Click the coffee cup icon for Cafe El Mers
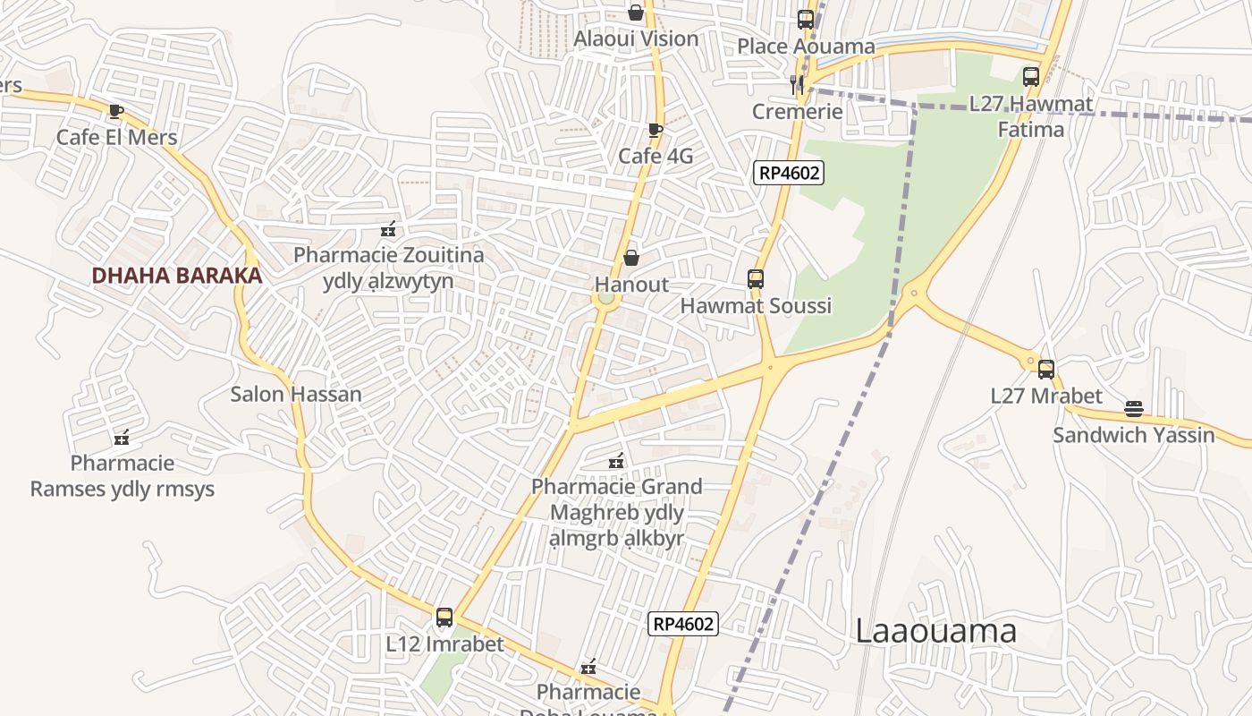pos(115,111)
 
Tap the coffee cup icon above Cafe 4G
pos(655,130)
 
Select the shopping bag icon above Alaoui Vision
pos(635,13)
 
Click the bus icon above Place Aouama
pos(805,19)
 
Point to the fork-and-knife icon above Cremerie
pos(796,85)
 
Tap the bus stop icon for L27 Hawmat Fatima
pos(1030,77)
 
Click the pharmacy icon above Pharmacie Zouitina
pos(387,229)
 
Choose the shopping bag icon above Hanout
pos(631,258)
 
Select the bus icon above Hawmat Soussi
pos(756,279)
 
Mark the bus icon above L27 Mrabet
pos(1045,369)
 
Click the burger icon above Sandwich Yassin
pos(1134,410)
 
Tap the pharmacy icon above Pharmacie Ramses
pos(123,438)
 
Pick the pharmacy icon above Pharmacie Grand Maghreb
pos(615,461)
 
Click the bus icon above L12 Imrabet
pos(444,618)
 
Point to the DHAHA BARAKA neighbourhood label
pos(177,276)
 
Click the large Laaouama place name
pos(936,631)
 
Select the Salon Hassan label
pos(296,394)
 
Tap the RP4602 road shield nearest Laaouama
pos(683,624)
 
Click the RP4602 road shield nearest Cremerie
pos(788,173)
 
